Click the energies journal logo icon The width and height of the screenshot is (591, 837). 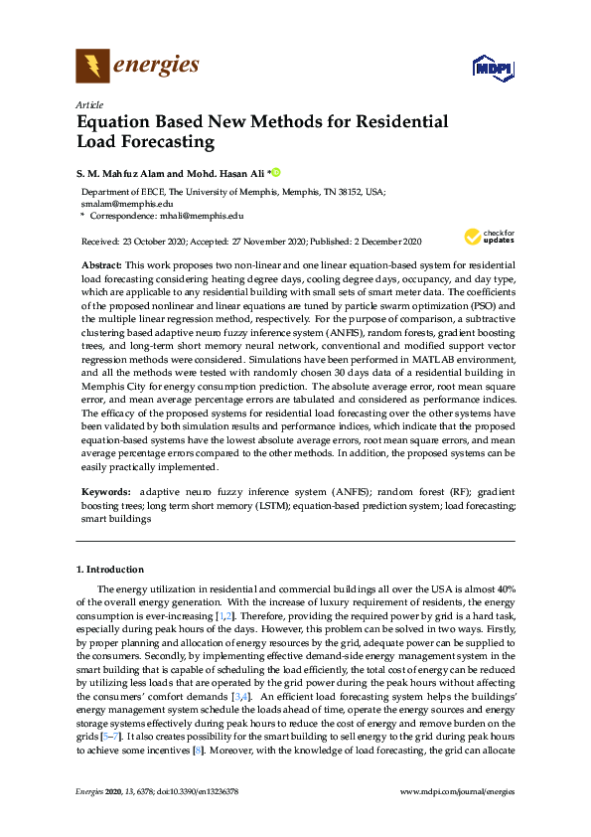[x=92, y=67]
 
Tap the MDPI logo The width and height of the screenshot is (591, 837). [x=491, y=69]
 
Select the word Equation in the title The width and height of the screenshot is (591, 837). [x=117, y=122]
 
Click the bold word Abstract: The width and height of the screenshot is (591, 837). [x=100, y=265]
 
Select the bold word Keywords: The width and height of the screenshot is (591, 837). [x=105, y=492]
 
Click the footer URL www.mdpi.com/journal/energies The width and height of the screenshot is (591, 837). [x=457, y=790]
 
